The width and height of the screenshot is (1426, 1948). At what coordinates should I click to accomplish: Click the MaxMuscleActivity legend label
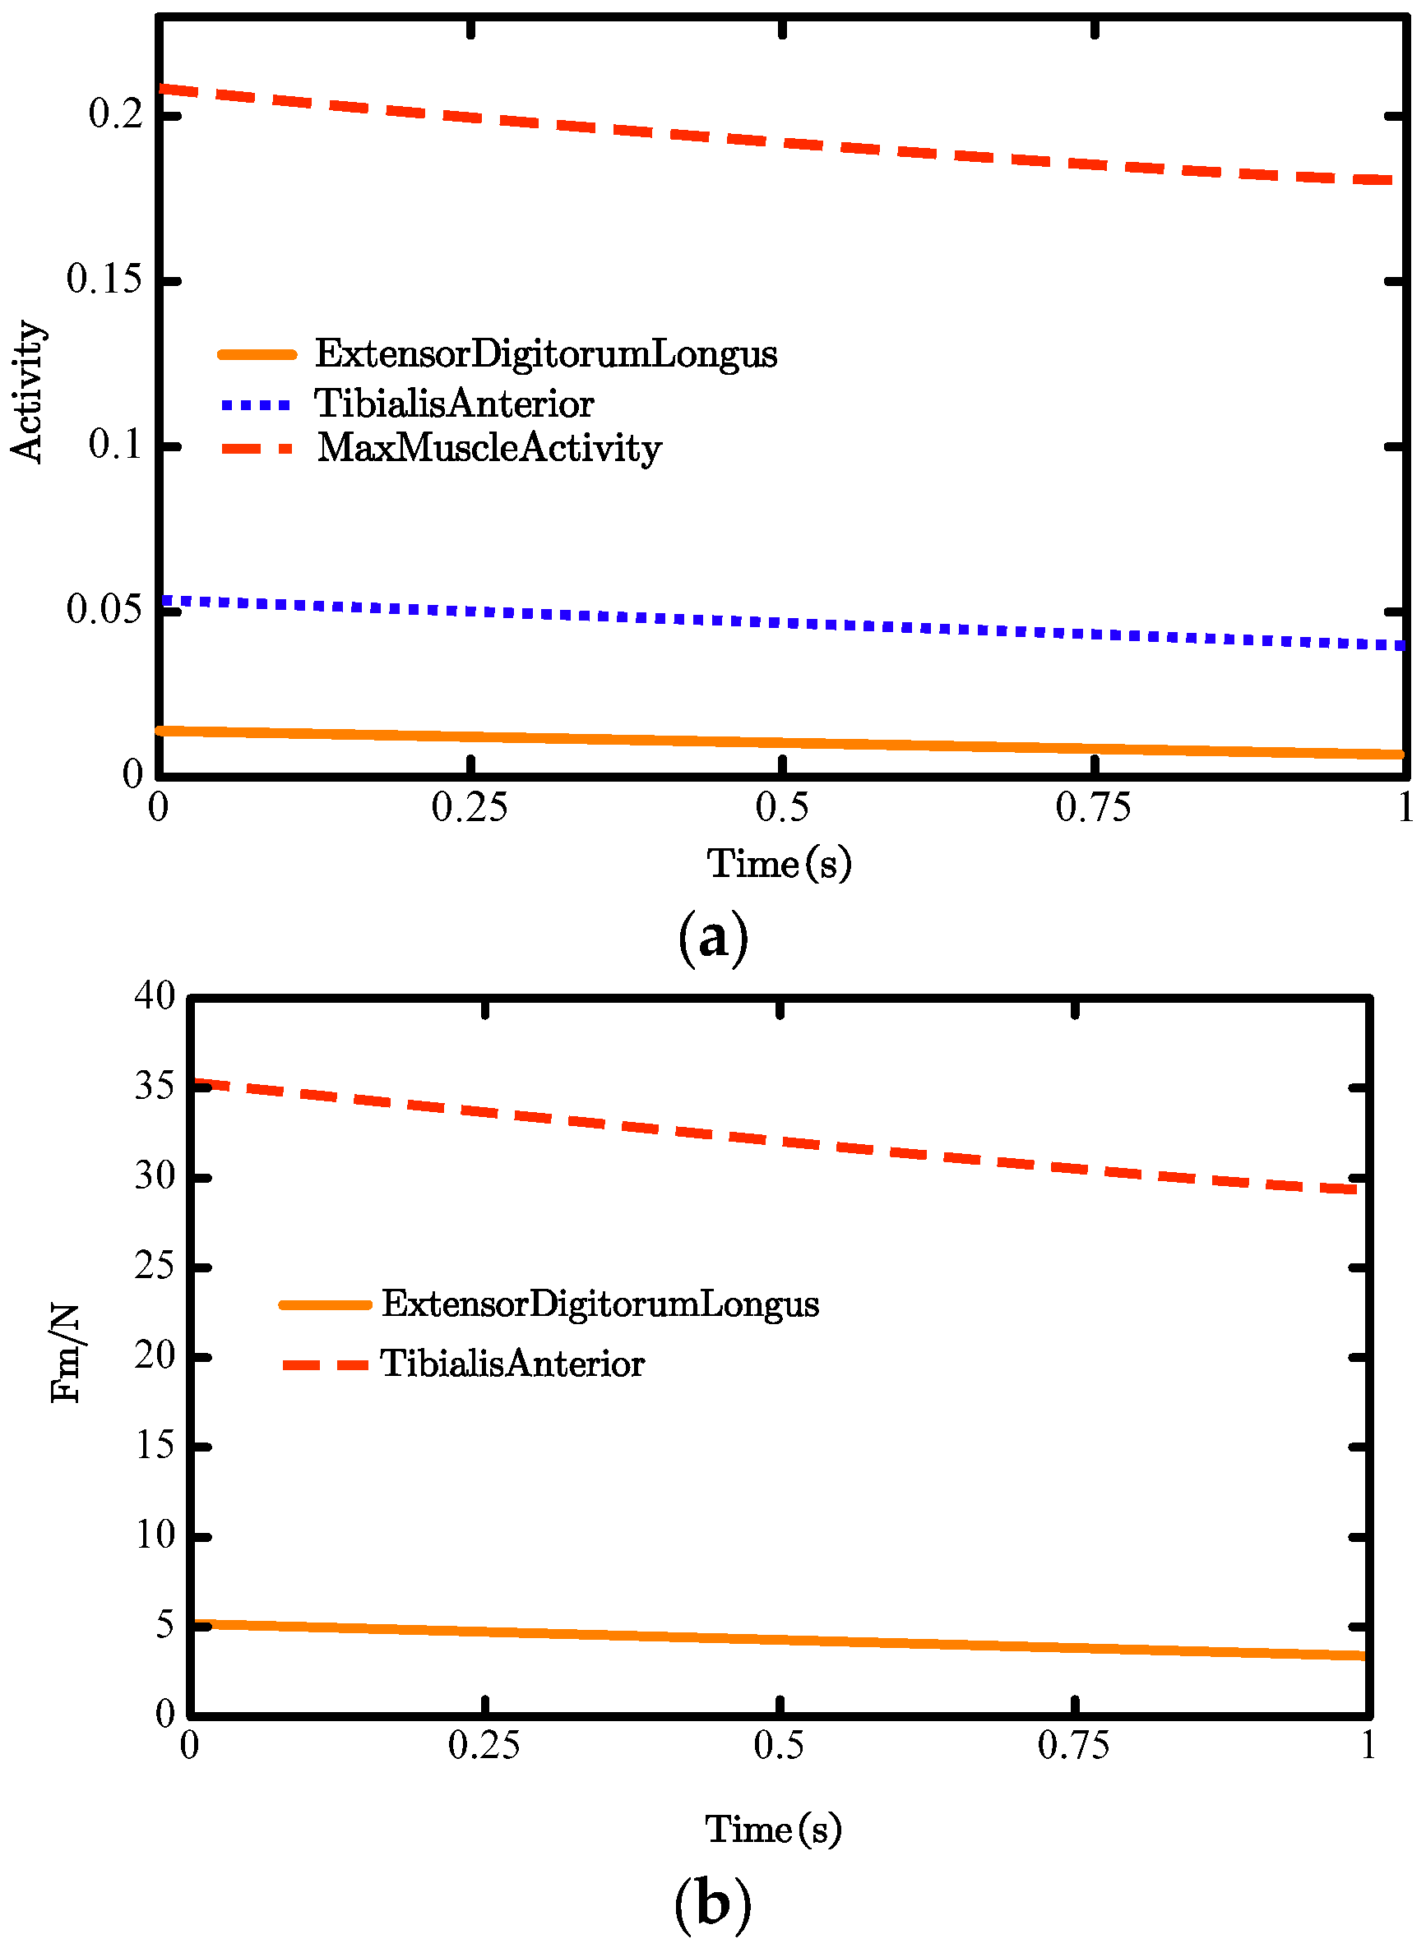tap(489, 448)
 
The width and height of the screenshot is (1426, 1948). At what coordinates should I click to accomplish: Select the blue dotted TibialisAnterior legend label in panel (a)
tap(454, 404)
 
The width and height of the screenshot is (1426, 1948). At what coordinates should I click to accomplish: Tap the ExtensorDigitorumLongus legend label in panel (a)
tap(545, 353)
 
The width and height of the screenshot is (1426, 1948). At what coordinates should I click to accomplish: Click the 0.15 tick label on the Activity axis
tap(104, 279)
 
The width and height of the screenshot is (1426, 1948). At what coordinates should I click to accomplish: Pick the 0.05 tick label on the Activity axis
tap(104, 609)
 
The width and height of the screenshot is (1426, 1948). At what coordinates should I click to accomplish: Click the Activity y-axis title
tap(27, 393)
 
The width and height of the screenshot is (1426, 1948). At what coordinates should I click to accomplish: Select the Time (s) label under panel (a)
tap(779, 864)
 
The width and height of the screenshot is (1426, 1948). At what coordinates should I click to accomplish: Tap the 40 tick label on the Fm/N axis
tap(155, 995)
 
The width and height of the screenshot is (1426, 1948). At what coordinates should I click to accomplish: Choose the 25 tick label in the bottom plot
tap(155, 1266)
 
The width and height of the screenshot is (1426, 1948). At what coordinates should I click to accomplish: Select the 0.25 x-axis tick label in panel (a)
tap(470, 807)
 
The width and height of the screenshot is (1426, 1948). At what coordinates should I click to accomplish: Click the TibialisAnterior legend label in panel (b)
tap(512, 1364)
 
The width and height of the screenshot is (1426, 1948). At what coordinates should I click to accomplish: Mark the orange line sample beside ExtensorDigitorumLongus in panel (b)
tap(326, 1304)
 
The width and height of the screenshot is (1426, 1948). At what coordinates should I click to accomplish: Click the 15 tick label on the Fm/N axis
tap(155, 1445)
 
